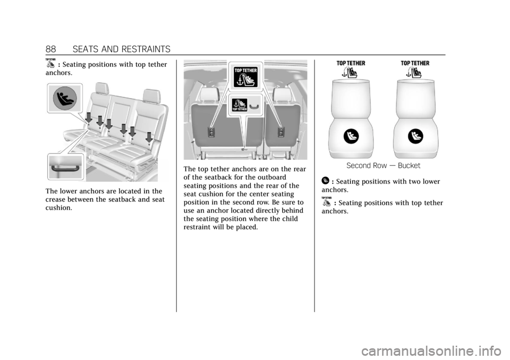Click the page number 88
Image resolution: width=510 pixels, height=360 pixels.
[51, 49]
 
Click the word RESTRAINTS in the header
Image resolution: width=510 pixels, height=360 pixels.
[147, 49]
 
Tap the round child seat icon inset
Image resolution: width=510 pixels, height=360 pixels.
[65, 98]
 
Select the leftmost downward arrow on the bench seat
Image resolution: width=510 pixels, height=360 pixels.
[89, 117]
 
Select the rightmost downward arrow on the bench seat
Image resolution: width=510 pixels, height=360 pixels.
[149, 137]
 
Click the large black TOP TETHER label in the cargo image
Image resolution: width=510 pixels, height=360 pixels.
[245, 77]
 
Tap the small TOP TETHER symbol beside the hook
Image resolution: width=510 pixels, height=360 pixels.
[240, 105]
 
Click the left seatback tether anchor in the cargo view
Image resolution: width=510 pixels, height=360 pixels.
[211, 133]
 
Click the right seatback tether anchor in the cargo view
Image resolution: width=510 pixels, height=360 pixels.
[280, 133]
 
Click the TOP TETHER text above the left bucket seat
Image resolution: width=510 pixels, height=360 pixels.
[351, 63]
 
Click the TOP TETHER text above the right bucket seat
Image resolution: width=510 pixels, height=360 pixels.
[415, 63]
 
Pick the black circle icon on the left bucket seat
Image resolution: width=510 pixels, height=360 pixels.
[351, 136]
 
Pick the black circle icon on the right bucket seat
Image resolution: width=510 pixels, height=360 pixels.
[415, 136]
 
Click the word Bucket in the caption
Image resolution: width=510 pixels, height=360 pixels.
[409, 166]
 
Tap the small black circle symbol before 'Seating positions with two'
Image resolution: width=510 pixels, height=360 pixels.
[325, 181]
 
